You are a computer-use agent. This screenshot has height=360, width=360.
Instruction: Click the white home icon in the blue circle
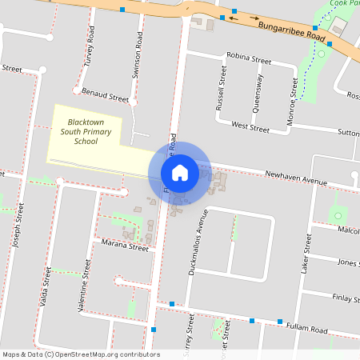click(x=180, y=173)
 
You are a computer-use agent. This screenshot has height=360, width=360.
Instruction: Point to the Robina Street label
click(x=249, y=58)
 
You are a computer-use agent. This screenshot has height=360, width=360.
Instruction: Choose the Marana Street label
click(x=124, y=247)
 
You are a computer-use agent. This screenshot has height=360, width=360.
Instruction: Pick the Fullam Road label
click(x=308, y=328)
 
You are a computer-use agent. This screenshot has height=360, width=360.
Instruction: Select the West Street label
click(x=250, y=126)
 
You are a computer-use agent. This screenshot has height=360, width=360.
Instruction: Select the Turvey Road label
click(x=90, y=48)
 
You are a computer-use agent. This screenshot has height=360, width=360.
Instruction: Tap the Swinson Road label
click(x=138, y=61)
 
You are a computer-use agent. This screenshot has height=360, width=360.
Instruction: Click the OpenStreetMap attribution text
click(x=81, y=354)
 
